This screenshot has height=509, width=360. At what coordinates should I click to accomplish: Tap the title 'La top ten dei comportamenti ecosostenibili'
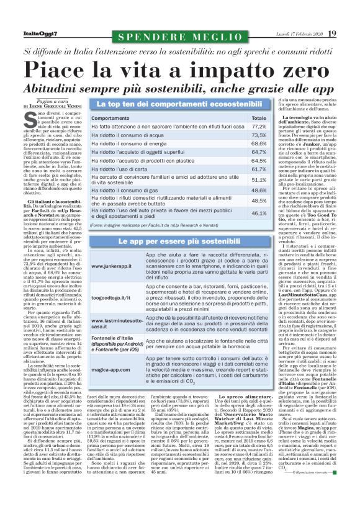[x=180, y=104]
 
